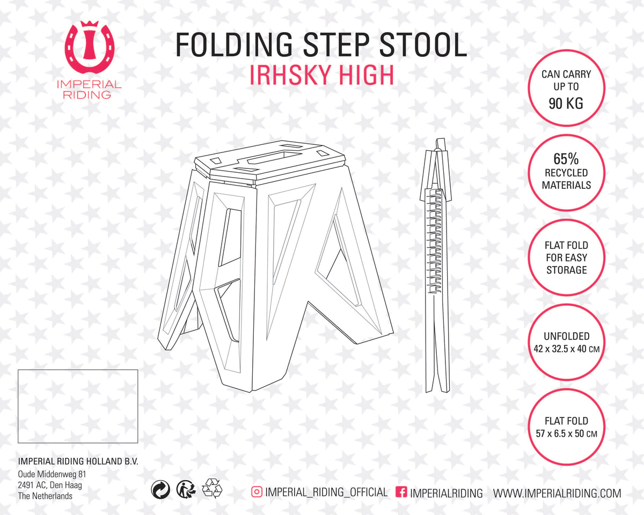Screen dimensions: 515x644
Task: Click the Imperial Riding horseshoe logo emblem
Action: (x=90, y=49)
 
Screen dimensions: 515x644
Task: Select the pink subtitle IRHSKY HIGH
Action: (x=321, y=75)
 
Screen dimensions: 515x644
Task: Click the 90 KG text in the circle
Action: (x=566, y=104)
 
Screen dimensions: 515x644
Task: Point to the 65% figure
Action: (x=566, y=159)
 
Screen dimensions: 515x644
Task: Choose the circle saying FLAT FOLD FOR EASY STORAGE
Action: (x=567, y=257)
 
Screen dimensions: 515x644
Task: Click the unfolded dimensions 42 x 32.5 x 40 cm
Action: (x=567, y=348)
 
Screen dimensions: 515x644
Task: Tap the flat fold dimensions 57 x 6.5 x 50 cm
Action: (x=567, y=433)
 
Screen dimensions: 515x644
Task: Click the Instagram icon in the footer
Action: (x=257, y=491)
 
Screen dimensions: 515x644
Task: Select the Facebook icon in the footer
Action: (x=400, y=492)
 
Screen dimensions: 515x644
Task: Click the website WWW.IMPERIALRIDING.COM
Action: (x=557, y=493)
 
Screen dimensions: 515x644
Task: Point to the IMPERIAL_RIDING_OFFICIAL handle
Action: (x=326, y=492)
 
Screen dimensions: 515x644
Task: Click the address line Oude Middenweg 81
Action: (x=52, y=474)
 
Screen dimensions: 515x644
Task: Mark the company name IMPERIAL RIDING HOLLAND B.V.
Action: (x=78, y=462)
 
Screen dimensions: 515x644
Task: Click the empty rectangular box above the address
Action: (x=78, y=406)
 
